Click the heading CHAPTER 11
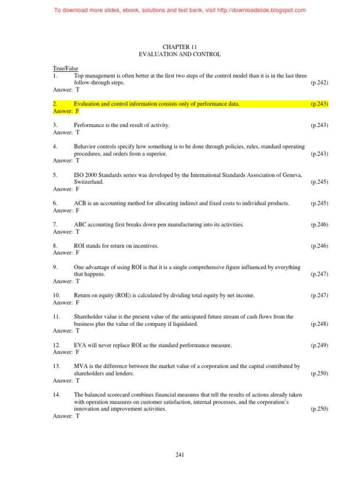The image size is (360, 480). [x=180, y=47]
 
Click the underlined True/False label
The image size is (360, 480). [x=66, y=68]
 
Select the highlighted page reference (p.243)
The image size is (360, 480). [x=319, y=104]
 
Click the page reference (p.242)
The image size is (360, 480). [x=319, y=82]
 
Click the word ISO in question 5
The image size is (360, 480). [x=78, y=175]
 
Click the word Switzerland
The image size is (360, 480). [x=89, y=182]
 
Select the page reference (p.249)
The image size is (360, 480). [x=319, y=345]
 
